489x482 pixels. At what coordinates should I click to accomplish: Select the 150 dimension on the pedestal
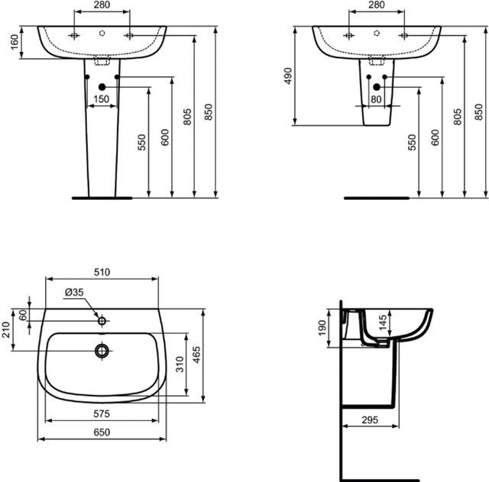point(102,99)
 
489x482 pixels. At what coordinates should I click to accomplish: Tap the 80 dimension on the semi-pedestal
point(376,99)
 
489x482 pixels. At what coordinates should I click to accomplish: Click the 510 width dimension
point(102,272)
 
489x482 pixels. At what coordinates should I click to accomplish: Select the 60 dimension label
point(23,313)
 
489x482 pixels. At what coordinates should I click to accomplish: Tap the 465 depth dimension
point(196,355)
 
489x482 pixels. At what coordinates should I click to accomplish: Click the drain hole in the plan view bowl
point(102,351)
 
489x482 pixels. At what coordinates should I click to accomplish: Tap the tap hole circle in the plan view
point(102,320)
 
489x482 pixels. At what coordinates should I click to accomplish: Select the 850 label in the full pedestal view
point(209,111)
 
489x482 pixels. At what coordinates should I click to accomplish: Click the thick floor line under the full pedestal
point(101,197)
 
